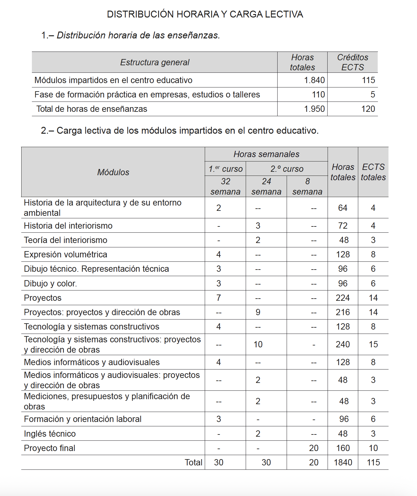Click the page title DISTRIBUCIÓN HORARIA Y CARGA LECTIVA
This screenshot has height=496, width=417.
(x=205, y=14)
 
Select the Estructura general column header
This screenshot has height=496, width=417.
(x=155, y=62)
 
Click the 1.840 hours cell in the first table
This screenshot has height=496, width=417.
(x=314, y=80)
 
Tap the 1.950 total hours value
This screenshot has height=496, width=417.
(x=314, y=109)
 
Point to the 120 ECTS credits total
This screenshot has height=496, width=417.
(x=368, y=109)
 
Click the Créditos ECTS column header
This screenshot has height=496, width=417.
(x=353, y=62)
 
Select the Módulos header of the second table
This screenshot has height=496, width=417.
(x=113, y=172)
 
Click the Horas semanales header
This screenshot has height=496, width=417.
(x=266, y=154)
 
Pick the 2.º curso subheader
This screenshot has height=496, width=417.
(x=287, y=169)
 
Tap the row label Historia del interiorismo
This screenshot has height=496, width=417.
(x=68, y=226)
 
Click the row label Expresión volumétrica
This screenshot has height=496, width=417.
(x=66, y=255)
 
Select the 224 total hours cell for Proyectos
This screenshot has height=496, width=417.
(x=343, y=298)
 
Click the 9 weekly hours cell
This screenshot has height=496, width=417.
(x=258, y=312)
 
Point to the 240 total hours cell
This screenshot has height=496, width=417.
(x=343, y=345)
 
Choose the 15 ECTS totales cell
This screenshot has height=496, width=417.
(x=373, y=345)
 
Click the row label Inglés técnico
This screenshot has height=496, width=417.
(x=50, y=434)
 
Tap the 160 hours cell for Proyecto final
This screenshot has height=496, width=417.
(x=343, y=448)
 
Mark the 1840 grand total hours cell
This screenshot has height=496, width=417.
(x=343, y=463)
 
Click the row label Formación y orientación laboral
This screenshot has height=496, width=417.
(x=83, y=419)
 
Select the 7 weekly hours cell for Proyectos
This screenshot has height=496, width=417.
(x=219, y=298)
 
